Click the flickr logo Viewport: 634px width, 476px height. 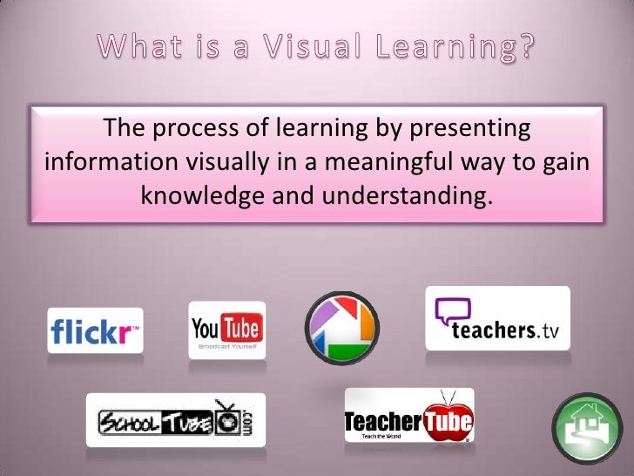tap(95, 330)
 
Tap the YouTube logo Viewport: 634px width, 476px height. tap(226, 330)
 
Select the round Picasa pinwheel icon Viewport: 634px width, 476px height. tap(341, 328)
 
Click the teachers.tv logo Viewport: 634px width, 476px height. tap(497, 319)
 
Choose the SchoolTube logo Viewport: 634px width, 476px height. tap(175, 420)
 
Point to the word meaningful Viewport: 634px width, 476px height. tap(408, 164)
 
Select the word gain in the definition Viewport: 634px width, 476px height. tap(563, 164)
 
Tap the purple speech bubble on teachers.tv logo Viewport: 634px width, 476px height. tap(453, 311)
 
